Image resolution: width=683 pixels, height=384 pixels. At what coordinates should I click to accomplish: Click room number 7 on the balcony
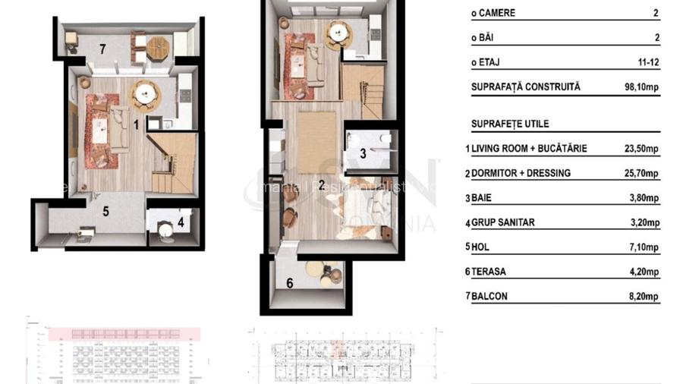pos(102,49)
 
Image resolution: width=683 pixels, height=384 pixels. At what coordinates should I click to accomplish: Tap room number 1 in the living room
pos(136,124)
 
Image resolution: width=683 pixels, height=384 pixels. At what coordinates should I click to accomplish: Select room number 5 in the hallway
pos(106,212)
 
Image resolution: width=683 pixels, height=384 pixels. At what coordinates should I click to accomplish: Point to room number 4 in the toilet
pos(181,222)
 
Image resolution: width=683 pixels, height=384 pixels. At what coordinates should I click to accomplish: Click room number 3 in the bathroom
pos(363,153)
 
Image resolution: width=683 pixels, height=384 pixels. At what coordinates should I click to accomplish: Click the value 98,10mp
pos(641,87)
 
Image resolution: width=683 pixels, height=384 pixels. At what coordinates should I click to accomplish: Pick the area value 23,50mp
pos(641,149)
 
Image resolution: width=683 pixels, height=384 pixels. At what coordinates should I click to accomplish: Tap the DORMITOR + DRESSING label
pos(521,173)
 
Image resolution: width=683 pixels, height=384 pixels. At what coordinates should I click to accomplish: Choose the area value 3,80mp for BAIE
pos(644,198)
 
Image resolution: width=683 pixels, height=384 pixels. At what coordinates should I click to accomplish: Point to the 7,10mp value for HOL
pos(644,247)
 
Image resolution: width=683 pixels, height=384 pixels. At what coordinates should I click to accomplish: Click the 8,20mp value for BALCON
pos(644,297)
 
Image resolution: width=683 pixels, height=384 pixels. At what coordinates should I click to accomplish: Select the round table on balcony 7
pos(158,48)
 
